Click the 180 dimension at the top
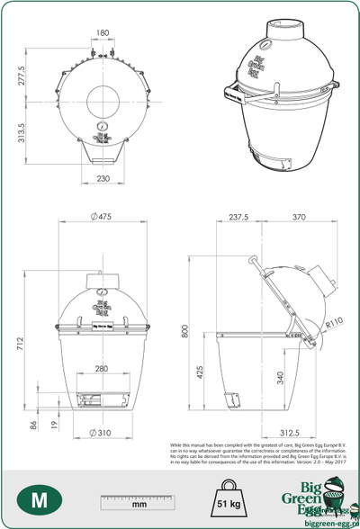(102, 33)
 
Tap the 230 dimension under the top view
(102, 179)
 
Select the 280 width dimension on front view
(101, 369)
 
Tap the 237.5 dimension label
(238, 217)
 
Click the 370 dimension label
(299, 217)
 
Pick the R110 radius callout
(336, 321)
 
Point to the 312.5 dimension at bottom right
(288, 434)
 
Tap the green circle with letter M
(39, 499)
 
